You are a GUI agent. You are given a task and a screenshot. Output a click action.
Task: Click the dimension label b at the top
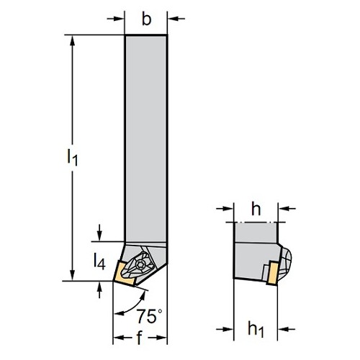(x=147, y=19)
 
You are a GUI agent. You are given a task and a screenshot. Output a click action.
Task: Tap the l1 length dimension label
(x=72, y=157)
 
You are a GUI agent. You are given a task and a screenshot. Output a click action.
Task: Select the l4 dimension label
(x=99, y=261)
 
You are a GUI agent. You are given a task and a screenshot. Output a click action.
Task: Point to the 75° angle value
(x=149, y=316)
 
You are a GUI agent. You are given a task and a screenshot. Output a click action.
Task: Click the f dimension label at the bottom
(x=140, y=338)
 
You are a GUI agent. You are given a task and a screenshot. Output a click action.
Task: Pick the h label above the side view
(x=256, y=209)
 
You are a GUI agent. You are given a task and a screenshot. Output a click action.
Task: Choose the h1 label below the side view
(x=256, y=329)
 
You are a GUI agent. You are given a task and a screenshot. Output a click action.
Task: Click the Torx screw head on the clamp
(x=140, y=265)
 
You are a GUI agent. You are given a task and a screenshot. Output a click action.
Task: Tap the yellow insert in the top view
(x=123, y=274)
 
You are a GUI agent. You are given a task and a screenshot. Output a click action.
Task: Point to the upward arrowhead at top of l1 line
(x=72, y=41)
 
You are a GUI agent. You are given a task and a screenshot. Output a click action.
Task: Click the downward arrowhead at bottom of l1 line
(x=72, y=274)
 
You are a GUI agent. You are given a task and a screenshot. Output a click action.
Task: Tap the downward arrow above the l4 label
(x=99, y=233)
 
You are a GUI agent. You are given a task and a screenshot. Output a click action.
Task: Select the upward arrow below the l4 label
(x=99, y=289)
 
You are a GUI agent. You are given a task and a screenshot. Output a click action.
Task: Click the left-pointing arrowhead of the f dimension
(x=120, y=338)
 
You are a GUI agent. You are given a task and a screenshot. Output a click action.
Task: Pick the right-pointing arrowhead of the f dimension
(x=161, y=338)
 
